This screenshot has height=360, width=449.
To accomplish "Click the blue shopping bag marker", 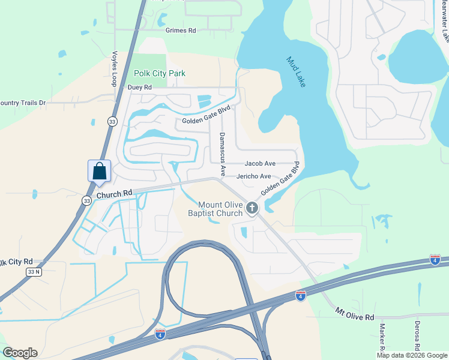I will coord(99,170).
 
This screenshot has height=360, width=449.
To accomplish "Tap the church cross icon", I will coord(252,208).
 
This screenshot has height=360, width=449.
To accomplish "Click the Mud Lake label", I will coord(296,72).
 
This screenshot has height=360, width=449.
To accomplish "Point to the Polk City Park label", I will coord(160,74).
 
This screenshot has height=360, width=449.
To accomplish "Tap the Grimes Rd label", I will coord(181,30).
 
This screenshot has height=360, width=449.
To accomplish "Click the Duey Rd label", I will coord(140,87).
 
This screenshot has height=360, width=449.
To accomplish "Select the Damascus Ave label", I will coord(222,154).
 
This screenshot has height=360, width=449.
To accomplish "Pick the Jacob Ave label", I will coord(260,163).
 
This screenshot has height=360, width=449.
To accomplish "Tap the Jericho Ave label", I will coord(255,176).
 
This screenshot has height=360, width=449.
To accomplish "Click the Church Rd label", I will coord(113,194).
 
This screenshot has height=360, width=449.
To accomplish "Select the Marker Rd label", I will coord(382,339).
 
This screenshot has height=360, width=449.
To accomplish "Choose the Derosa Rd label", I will coord(417,336).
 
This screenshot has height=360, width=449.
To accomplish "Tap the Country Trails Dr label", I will coord(23,103).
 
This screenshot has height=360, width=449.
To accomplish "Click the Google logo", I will coord(20,353).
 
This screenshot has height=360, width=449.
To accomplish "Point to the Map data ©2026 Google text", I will coord(411,355).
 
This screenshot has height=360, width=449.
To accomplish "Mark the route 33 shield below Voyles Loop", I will coord(112,121).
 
